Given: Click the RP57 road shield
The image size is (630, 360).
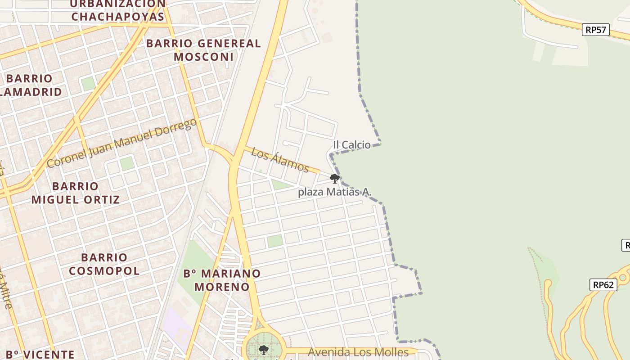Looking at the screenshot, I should [596, 30].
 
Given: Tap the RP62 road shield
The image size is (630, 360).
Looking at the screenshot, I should [603, 285].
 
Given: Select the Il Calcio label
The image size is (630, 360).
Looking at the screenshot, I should [352, 145].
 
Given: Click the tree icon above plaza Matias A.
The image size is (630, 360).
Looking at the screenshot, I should [334, 179].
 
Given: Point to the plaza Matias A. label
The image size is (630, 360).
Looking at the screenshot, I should [335, 192].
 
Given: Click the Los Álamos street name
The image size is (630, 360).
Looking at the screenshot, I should [280, 160].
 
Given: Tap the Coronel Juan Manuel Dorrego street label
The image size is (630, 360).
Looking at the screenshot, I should [121, 143].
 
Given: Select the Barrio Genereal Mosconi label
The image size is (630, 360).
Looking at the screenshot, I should [203, 50].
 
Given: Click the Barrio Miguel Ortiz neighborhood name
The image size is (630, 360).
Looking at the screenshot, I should [76, 193].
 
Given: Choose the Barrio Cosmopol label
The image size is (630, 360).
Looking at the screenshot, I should [104, 264].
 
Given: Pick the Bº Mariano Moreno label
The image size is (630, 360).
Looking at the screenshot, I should [222, 280].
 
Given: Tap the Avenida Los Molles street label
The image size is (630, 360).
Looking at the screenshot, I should [358, 352].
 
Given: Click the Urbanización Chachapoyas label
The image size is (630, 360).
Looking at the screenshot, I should [118, 10].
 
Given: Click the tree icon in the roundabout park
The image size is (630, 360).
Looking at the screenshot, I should [264, 350].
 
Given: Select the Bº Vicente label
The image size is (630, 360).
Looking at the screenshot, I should [40, 354].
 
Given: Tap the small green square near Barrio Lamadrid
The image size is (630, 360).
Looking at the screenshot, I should [88, 84].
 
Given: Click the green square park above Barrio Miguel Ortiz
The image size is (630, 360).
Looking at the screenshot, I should [127, 163].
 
